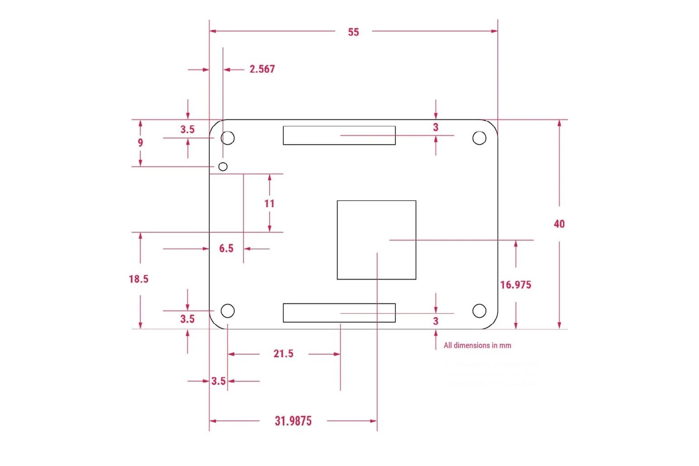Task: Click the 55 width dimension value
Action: pyautogui.click(x=353, y=32)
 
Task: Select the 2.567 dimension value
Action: pyautogui.click(x=262, y=69)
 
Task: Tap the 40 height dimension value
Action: pyautogui.click(x=559, y=224)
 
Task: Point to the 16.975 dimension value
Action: pyautogui.click(x=515, y=285)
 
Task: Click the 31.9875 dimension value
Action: pyautogui.click(x=293, y=421)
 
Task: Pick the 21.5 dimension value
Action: pyautogui.click(x=283, y=354)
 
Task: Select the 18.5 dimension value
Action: pyautogui.click(x=138, y=279)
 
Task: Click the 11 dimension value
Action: pyautogui.click(x=270, y=204)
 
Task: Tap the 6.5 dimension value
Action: pyautogui.click(x=226, y=248)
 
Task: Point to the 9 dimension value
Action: pyautogui.click(x=140, y=143)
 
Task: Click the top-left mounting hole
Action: pyautogui.click(x=228, y=138)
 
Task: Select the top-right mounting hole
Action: pyautogui.click(x=479, y=138)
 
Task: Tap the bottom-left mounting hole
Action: pyautogui.click(x=228, y=311)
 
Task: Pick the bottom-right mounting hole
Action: pyautogui.click(x=479, y=311)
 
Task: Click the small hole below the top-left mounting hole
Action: pyautogui.click(x=223, y=166)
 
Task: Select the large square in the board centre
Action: pyautogui.click(x=376, y=240)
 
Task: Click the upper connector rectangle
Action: pyautogui.click(x=339, y=135)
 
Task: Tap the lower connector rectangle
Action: pyautogui.click(x=339, y=313)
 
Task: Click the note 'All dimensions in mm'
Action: pyautogui.click(x=477, y=346)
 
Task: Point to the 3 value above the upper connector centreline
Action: pyautogui.click(x=436, y=128)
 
